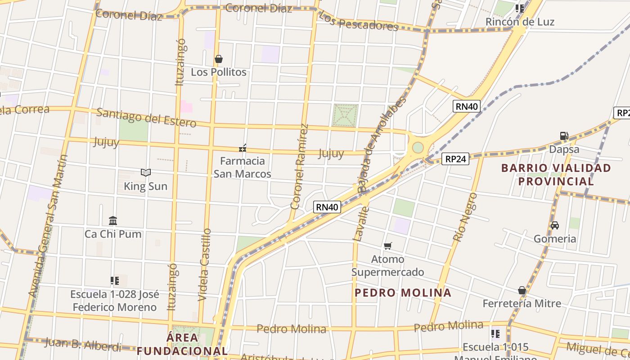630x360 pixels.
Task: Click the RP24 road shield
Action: (x=455, y=158)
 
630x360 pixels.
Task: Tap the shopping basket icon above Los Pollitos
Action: (x=219, y=59)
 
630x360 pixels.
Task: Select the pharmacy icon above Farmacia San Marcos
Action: (x=243, y=148)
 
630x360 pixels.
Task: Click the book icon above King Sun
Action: (x=145, y=172)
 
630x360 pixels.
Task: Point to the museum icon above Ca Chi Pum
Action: (x=113, y=220)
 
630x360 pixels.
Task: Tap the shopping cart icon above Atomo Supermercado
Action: (x=388, y=246)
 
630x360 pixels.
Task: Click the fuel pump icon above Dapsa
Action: (x=564, y=135)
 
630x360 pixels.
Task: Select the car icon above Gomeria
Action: (x=555, y=225)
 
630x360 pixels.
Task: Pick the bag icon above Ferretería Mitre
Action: (x=522, y=290)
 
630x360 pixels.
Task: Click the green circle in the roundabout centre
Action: (x=418, y=147)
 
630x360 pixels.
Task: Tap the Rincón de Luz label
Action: (x=520, y=22)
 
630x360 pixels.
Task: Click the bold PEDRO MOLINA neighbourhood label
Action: (x=403, y=293)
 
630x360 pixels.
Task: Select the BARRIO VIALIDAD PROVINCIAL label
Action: (x=556, y=175)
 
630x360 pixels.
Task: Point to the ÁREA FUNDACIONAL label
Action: (x=182, y=344)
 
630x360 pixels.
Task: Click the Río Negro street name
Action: (x=465, y=217)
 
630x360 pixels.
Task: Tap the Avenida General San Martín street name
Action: (x=48, y=226)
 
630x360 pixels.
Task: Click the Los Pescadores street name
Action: (x=358, y=22)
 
